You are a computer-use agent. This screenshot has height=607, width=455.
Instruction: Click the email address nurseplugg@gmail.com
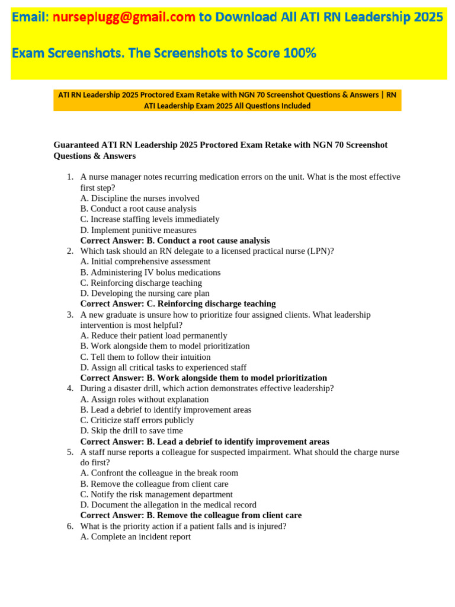pyautogui.click(x=124, y=18)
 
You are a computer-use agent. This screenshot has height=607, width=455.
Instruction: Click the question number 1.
pyautogui.click(x=69, y=177)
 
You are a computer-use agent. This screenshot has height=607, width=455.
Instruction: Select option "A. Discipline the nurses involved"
pyautogui.click(x=140, y=198)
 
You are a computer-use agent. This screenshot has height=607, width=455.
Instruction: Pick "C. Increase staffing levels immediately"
pyautogui.click(x=150, y=219)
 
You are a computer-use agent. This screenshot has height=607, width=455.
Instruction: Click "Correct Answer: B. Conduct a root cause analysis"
pyautogui.click(x=175, y=241)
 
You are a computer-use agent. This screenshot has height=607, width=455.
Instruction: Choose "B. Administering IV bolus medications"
pyautogui.click(x=150, y=272)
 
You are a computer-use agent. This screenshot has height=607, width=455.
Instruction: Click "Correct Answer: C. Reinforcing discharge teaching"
pyautogui.click(x=178, y=304)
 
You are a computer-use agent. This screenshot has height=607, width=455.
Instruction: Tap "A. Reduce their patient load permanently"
pyautogui.click(x=153, y=336)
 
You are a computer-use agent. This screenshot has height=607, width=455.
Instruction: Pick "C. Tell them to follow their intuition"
pyautogui.click(x=145, y=357)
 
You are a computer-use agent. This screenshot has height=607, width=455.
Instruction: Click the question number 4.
pyautogui.click(x=69, y=388)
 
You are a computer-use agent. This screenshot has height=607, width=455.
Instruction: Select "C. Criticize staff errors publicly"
pyautogui.click(x=137, y=420)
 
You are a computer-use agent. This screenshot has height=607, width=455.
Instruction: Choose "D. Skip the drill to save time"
pyautogui.click(x=132, y=431)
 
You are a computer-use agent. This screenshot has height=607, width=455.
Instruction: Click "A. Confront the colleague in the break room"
pyautogui.click(x=159, y=473)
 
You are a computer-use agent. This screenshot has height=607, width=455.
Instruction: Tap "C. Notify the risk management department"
pyautogui.click(x=156, y=494)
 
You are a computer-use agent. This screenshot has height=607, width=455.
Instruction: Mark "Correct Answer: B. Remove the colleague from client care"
pyautogui.click(x=191, y=516)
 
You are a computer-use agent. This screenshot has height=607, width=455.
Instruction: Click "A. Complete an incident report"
pyautogui.click(x=136, y=537)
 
